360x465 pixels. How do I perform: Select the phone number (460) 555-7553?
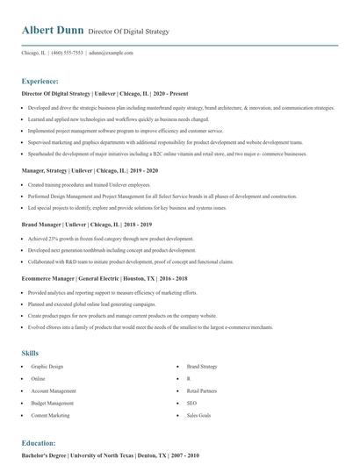[x=68, y=53]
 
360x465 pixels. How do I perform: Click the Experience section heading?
[x=40, y=80]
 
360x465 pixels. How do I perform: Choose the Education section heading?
[x=38, y=443]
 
